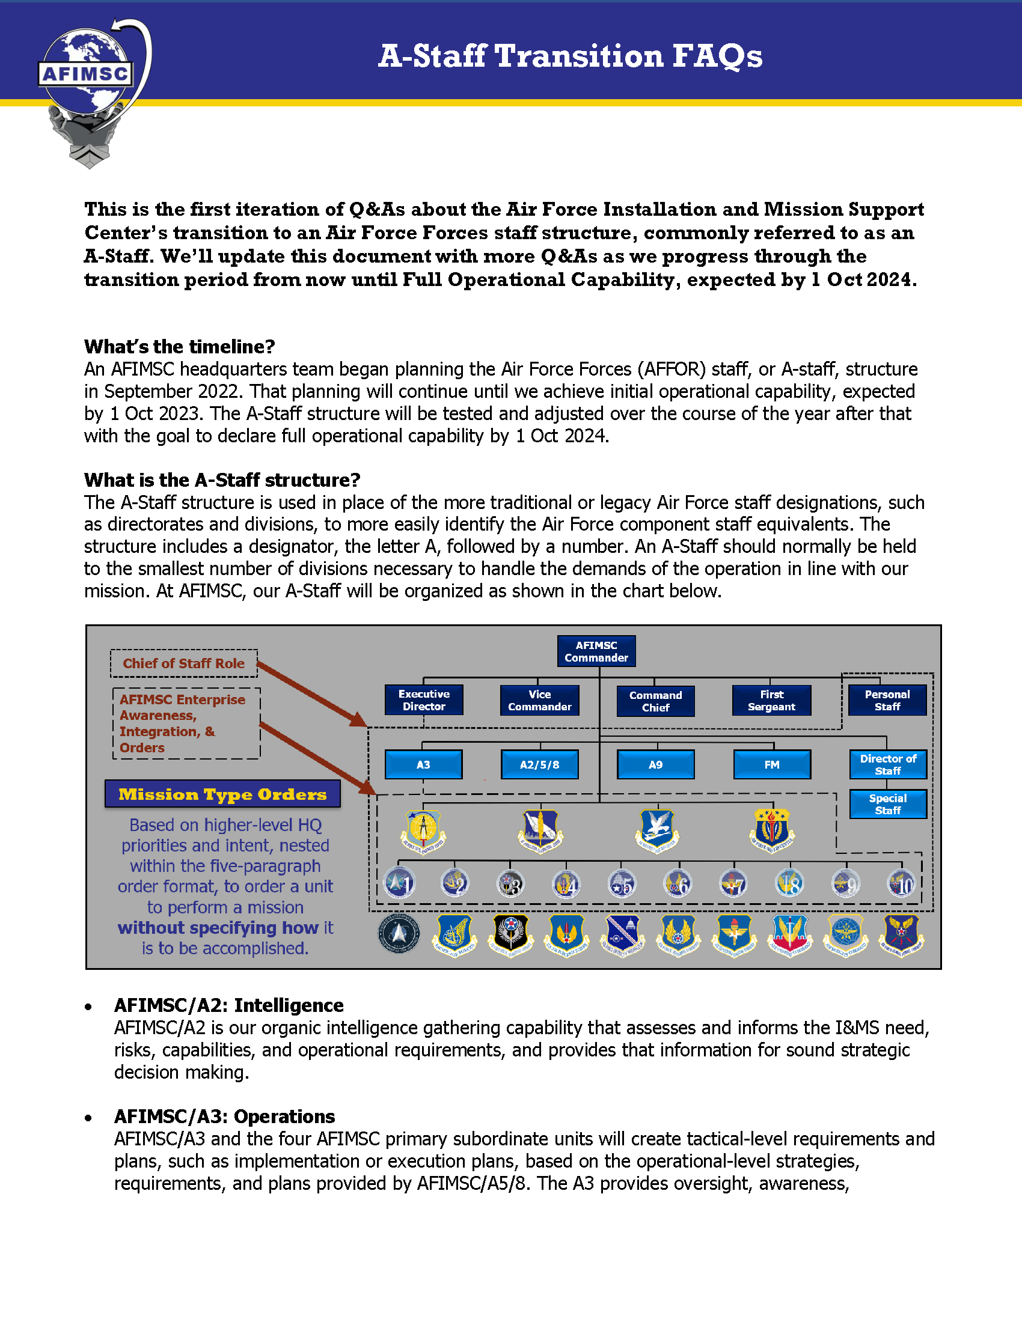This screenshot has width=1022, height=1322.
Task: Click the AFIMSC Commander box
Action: (596, 651)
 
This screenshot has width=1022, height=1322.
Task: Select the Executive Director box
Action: (424, 700)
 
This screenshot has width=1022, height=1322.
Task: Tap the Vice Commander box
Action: (539, 700)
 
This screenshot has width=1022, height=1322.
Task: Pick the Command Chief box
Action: (655, 701)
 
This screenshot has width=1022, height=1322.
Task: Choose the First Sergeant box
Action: (771, 700)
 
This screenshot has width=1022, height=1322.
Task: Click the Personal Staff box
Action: (887, 700)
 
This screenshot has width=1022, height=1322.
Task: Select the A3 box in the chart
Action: (423, 764)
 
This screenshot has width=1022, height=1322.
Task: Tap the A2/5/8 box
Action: (539, 764)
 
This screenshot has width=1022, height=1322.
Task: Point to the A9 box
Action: (655, 764)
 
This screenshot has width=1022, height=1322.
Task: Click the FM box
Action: (771, 764)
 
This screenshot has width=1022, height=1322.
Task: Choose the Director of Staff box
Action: (887, 764)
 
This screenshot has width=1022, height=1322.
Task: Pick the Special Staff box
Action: (887, 804)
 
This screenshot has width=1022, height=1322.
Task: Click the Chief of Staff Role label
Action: (183, 663)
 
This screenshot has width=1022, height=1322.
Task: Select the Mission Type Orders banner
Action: (222, 794)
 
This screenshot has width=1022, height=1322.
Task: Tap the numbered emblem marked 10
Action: (902, 885)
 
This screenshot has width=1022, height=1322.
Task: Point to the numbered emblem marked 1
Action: (400, 883)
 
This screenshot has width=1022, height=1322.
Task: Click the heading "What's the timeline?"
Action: (179, 346)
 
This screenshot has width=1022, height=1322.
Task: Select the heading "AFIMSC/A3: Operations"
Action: (224, 1116)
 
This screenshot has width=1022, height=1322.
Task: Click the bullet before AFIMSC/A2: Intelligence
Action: (89, 1007)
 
